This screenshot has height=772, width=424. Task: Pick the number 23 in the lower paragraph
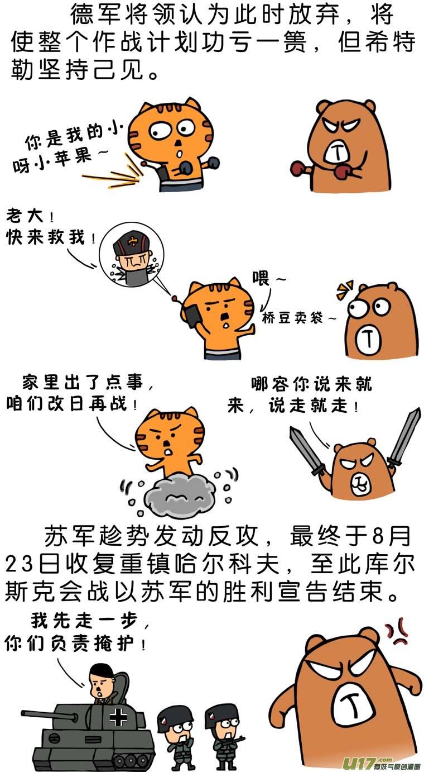(x=19, y=565)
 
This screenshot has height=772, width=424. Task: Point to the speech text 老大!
(x=30, y=216)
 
